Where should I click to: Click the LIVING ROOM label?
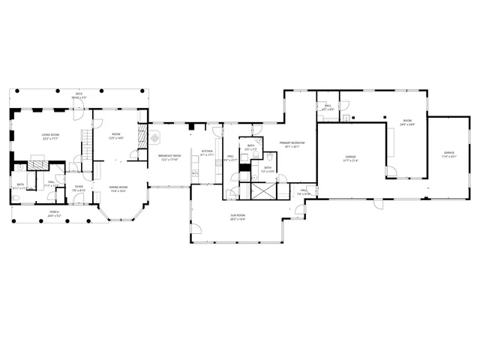[51, 136]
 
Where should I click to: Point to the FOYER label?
[79, 189]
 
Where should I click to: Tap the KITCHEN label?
[207, 154]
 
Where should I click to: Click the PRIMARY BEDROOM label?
[290, 145]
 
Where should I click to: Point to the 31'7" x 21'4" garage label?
[350, 158]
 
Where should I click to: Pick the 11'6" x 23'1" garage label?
[448, 154]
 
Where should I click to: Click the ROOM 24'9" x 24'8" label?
[407, 122]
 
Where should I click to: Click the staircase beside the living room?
[86, 142]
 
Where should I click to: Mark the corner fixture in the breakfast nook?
[154, 137]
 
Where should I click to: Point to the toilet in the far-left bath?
[16, 198]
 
